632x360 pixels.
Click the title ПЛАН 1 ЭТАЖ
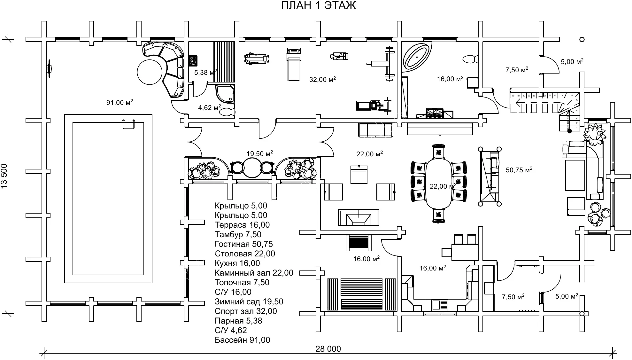click(318, 6)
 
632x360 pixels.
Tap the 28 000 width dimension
click(328, 349)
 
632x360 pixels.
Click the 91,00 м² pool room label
click(119, 103)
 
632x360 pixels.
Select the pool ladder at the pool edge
click(129, 124)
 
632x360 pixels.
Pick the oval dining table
click(439, 186)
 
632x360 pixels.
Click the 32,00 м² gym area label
click(322, 79)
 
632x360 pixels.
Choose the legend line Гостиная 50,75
click(244, 244)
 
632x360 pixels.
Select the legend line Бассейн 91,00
click(243, 340)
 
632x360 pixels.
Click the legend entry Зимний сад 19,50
click(249, 302)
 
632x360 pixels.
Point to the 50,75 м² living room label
click(519, 170)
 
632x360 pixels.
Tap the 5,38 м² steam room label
click(205, 73)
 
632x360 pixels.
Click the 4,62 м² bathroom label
click(209, 108)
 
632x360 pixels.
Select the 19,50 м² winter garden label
click(259, 154)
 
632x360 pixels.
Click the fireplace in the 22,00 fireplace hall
click(359, 217)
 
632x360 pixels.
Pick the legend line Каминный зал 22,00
click(254, 273)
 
